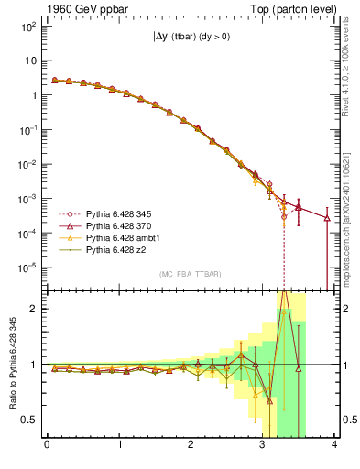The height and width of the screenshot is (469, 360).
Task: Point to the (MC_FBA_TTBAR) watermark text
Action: [x=191, y=275]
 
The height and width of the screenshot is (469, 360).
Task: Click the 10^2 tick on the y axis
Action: [x=28, y=27]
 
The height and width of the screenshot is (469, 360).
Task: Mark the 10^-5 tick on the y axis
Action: [x=27, y=267]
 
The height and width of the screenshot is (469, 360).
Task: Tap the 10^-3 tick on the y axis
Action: [x=27, y=199]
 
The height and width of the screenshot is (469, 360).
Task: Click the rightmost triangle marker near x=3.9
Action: [x=327, y=218]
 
